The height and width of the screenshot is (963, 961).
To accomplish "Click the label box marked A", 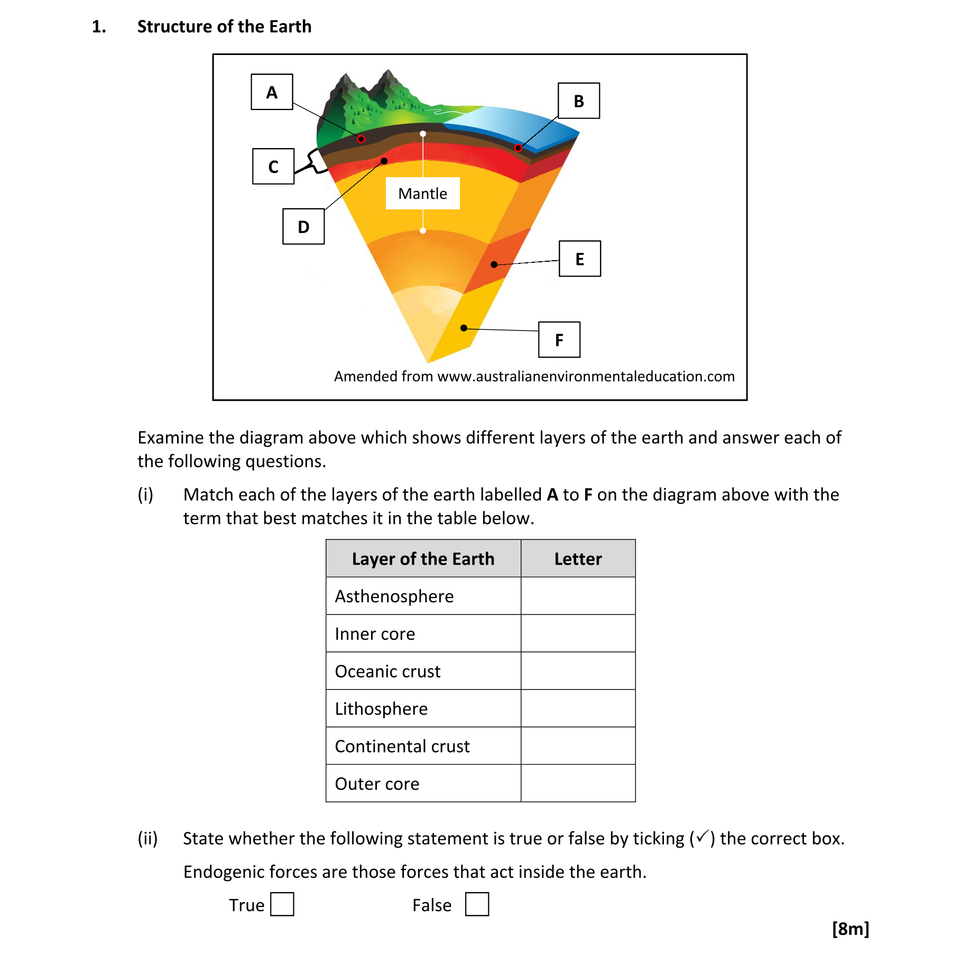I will click(x=272, y=92).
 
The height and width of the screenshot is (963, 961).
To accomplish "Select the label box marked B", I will click(x=579, y=101).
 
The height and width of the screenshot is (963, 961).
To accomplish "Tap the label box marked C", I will click(x=273, y=167).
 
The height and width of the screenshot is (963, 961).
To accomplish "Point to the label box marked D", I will click(x=303, y=227).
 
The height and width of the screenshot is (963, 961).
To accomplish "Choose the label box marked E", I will click(x=580, y=259).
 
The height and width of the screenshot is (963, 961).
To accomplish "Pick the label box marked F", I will click(x=559, y=340).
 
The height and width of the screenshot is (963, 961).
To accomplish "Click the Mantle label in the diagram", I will click(x=422, y=194).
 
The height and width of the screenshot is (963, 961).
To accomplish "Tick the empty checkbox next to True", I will click(x=282, y=904).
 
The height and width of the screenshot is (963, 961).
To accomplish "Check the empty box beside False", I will click(x=477, y=904).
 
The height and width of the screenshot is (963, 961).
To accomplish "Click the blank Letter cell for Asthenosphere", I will click(x=578, y=596).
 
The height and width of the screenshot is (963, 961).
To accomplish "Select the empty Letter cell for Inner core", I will click(x=578, y=634).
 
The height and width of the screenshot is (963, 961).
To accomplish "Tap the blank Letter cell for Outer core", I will click(x=578, y=783).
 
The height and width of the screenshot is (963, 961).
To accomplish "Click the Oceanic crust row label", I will click(x=387, y=671).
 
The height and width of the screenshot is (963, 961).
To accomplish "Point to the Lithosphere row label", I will click(x=381, y=709).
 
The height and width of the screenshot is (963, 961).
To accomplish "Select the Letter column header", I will click(x=578, y=559).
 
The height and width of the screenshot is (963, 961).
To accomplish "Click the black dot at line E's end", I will click(x=494, y=264).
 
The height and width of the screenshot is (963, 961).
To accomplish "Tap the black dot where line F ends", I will click(x=464, y=328).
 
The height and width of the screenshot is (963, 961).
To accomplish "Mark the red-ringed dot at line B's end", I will click(x=518, y=148).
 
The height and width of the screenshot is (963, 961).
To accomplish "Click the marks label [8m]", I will click(x=850, y=929).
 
